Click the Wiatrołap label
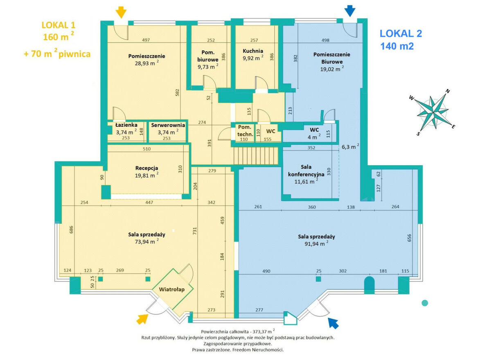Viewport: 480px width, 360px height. coord(172,289)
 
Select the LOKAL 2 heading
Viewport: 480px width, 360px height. coord(401,34)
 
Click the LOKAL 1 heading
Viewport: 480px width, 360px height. coord(59,25)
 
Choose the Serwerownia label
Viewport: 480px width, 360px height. coord(168,125)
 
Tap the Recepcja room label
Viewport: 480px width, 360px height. coord(146,168)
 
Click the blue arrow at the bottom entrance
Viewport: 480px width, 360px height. coord(334,323)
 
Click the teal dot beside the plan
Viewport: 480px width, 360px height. coord(425,303)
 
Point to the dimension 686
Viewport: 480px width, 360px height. coord(71,230)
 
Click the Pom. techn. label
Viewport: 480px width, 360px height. coord(245,130)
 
